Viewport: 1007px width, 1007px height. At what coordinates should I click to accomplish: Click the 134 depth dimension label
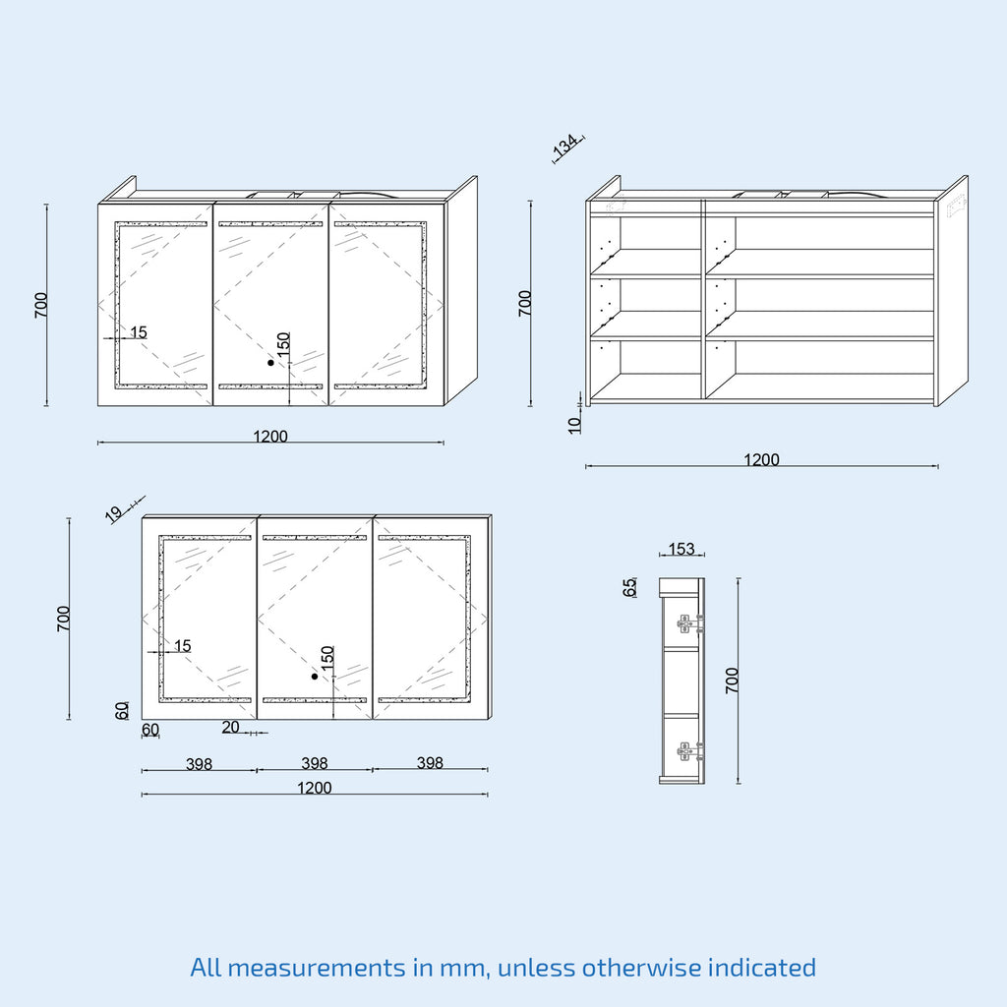point(565,147)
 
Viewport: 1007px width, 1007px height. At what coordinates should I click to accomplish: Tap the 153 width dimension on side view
point(681,549)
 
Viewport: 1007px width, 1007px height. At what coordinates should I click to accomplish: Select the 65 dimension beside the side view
point(629,587)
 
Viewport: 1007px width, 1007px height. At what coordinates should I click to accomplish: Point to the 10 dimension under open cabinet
point(574,425)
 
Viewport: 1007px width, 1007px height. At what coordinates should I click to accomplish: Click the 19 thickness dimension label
point(114,513)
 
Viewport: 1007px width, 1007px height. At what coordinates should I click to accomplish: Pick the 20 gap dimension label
point(230,727)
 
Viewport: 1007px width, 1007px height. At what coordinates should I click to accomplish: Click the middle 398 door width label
point(315,763)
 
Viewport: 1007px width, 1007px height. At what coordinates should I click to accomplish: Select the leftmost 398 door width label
point(199,764)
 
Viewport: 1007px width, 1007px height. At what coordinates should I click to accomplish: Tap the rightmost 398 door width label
point(430,762)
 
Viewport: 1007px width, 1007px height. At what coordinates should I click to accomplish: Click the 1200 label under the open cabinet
point(762,460)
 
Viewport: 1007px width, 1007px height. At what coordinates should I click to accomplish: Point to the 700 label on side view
point(732,681)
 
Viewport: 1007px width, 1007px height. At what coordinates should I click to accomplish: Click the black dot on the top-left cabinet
point(271,363)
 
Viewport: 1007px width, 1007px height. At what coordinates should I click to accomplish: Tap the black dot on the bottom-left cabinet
point(315,677)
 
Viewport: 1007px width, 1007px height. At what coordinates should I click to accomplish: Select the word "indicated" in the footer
point(762,967)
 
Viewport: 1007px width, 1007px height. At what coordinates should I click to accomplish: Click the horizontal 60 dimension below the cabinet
point(150,731)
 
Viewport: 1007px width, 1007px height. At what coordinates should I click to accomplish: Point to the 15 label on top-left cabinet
point(139,332)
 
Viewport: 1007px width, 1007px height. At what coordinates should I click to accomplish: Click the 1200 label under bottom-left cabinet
point(315,788)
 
